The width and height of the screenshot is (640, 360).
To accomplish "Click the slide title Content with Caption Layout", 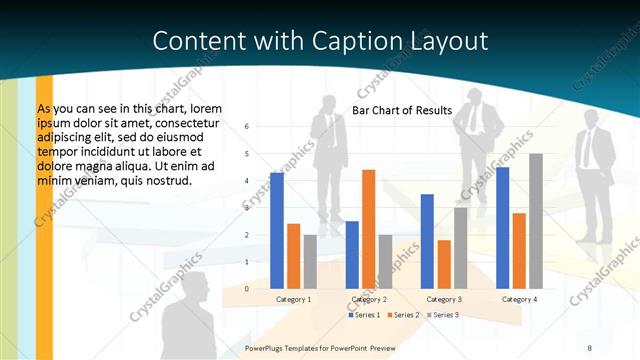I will coord(320,41).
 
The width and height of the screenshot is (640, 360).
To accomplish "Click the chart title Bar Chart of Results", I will coord(402,110).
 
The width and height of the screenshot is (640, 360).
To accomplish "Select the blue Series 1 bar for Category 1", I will coord(276,230).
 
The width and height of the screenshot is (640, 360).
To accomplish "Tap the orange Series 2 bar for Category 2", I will coord(368,229).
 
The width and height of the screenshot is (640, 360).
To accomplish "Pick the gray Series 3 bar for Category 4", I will coord(535,221).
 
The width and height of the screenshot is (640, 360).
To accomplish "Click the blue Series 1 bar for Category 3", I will coord(427,241).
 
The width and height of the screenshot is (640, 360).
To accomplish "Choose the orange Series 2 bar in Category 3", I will coord(444,264).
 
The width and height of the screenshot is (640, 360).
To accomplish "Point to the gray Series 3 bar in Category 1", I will coord(310,261).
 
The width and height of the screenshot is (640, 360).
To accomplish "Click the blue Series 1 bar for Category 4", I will coord(502,227).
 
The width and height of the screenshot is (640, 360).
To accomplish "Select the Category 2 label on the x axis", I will coord(368,299).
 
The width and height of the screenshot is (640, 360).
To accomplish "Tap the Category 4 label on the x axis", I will coord(519,299).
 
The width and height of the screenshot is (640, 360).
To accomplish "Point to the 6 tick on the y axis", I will coord(247,127).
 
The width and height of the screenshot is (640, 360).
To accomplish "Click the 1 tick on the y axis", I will coord(247,262).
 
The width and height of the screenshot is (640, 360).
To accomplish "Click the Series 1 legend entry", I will coord(365,315).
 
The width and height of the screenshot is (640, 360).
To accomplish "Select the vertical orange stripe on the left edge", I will coord(44,215).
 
